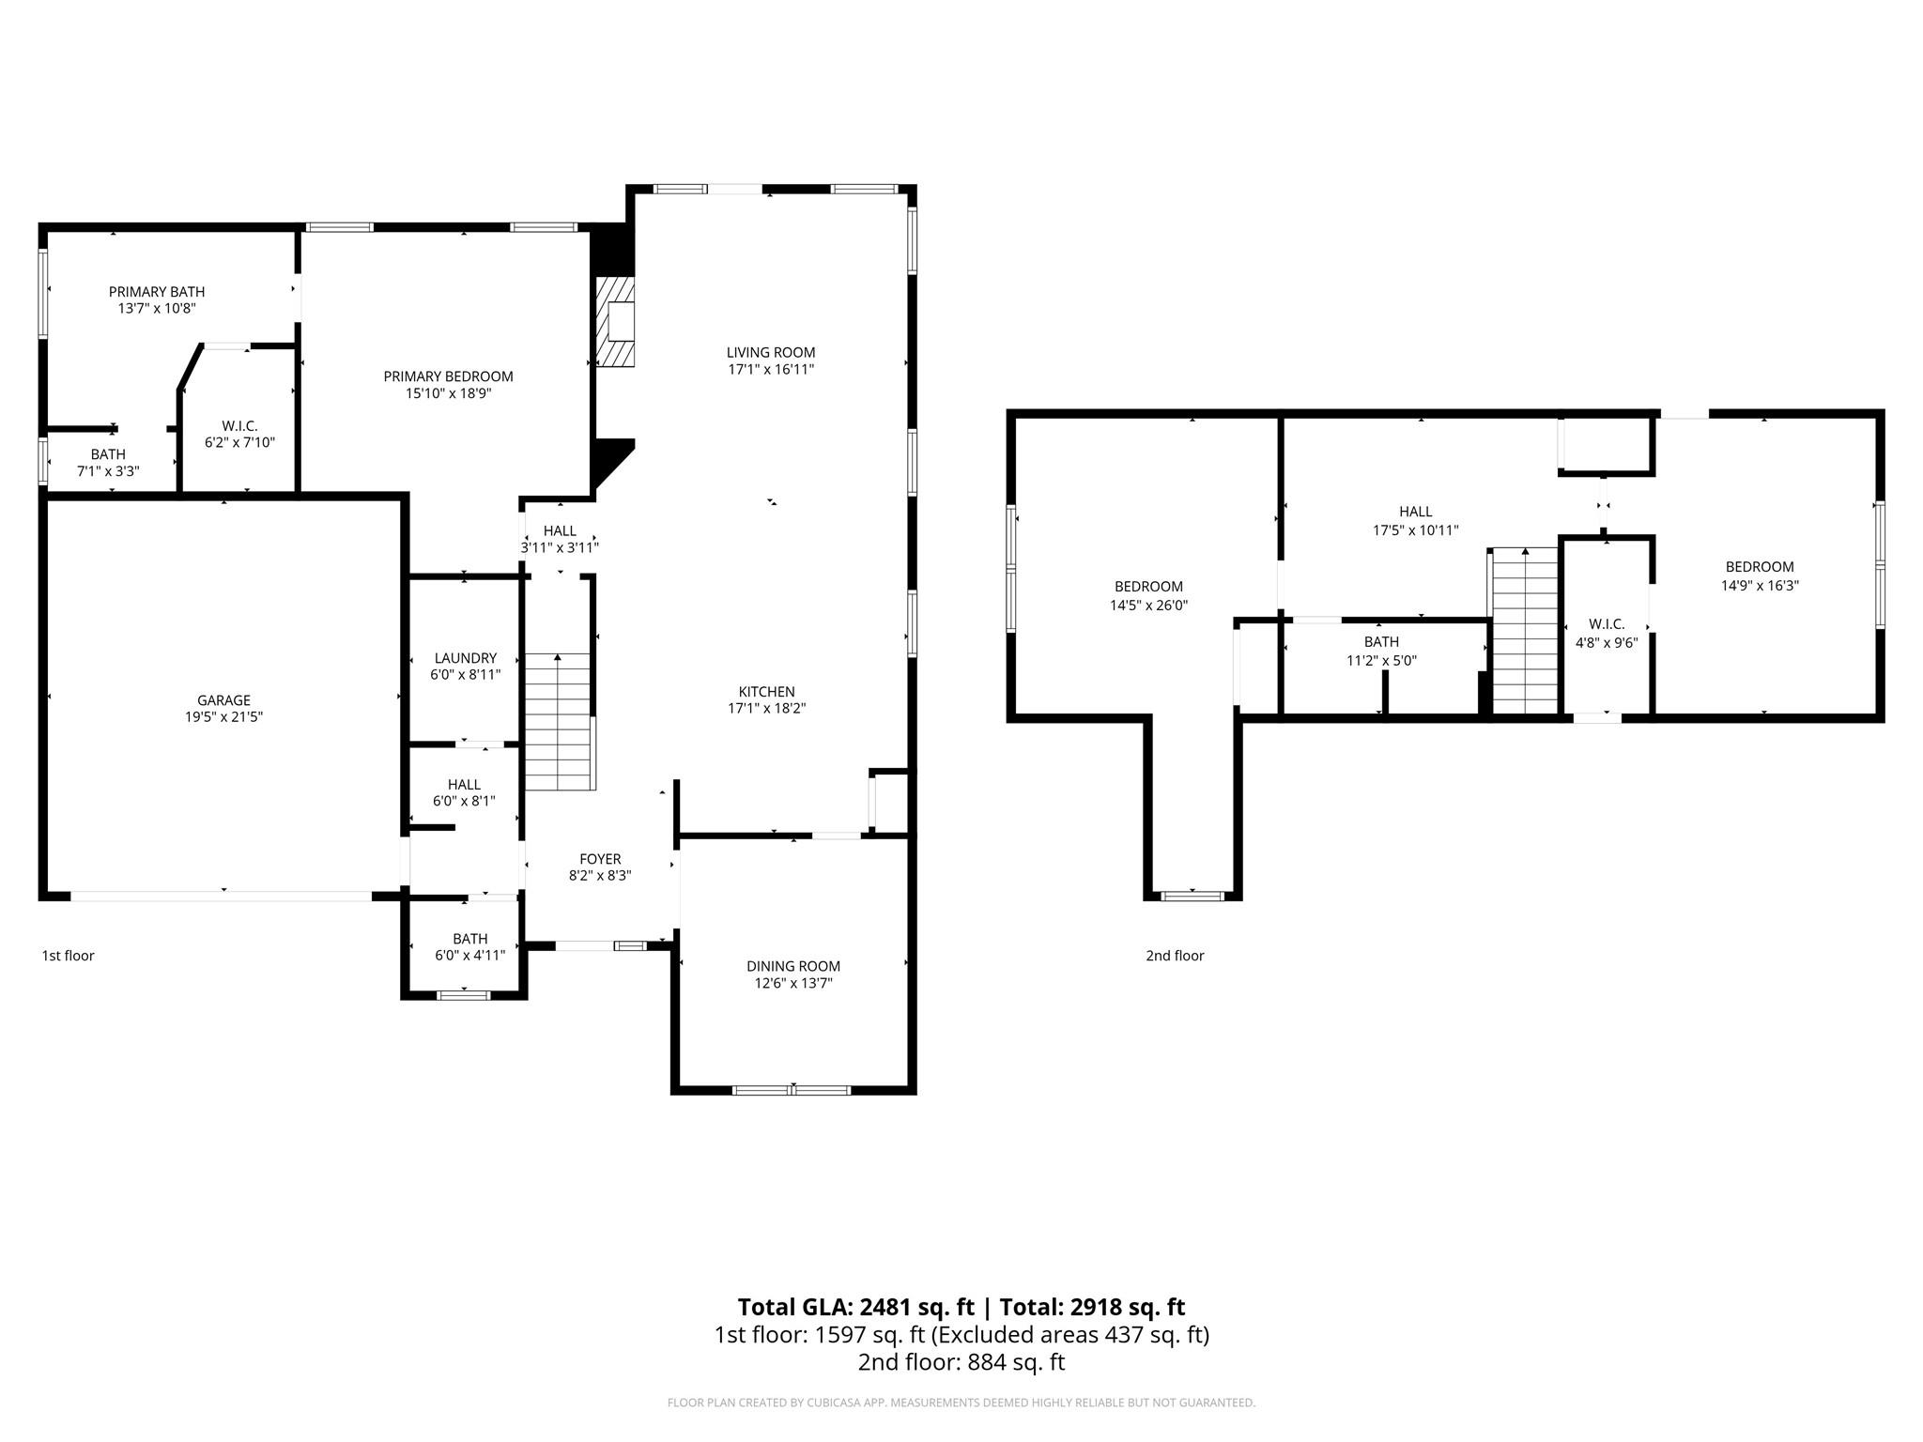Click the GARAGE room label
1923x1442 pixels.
[223, 700]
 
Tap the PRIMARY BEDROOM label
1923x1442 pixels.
[448, 376]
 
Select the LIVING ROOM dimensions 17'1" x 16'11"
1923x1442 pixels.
[771, 370]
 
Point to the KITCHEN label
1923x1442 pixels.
[766, 692]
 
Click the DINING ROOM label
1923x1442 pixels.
[793, 966]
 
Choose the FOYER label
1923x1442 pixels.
[600, 859]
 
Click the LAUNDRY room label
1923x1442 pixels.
[465, 658]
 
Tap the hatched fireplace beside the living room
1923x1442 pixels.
[616, 321]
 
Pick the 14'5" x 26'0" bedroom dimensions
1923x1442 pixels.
[1148, 606]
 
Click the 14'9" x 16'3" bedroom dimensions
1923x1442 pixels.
[1760, 585]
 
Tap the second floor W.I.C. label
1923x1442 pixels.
[1606, 624]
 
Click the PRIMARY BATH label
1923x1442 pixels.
[157, 292]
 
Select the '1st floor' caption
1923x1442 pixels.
[68, 956]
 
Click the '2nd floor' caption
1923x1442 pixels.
[1175, 956]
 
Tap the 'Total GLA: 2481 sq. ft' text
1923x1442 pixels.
[855, 1307]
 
